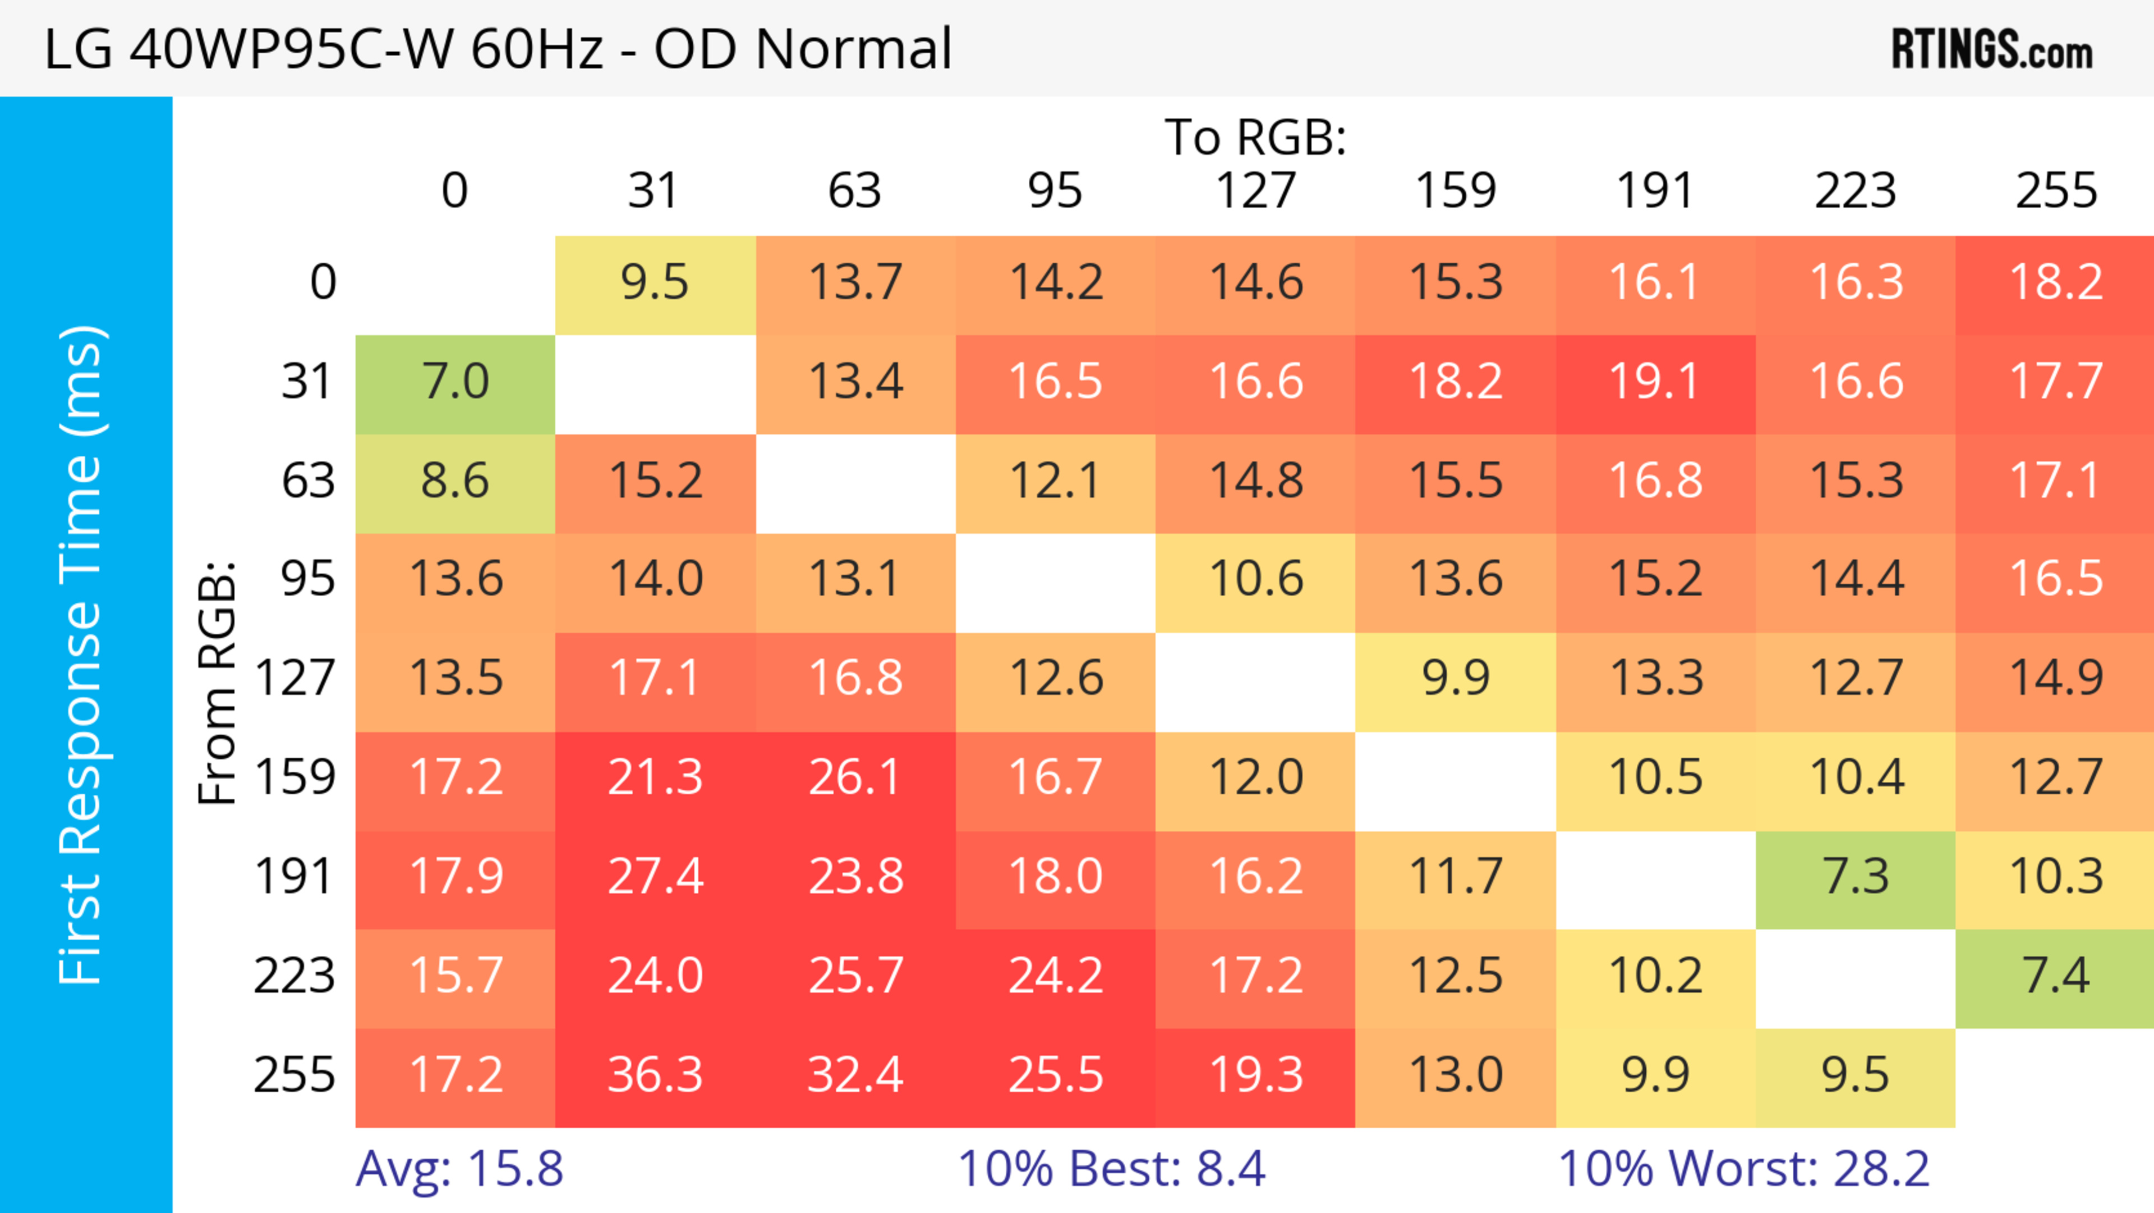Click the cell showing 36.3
(x=655, y=1075)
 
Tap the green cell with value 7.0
(x=455, y=382)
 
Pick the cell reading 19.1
(x=1656, y=382)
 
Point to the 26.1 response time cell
(x=854, y=778)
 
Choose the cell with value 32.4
(x=854, y=1075)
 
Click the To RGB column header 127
(x=1255, y=191)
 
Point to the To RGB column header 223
(x=1856, y=191)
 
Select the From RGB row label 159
(x=295, y=778)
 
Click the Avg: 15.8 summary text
(x=459, y=1169)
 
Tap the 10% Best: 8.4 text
(x=1111, y=1169)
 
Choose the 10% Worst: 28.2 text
(x=1743, y=1169)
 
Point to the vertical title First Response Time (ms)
(x=82, y=654)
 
